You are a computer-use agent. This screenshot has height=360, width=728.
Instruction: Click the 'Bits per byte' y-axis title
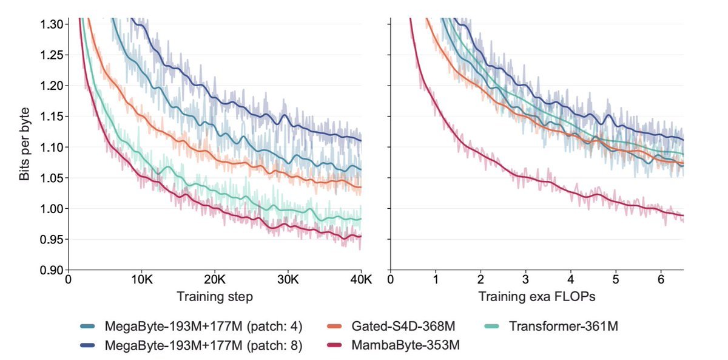[x=24, y=144]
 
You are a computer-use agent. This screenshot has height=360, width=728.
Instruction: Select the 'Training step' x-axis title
[x=215, y=297]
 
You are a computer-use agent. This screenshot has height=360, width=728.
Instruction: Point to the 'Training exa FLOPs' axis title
[x=537, y=297]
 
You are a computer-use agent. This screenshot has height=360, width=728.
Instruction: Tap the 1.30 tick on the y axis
[x=53, y=24]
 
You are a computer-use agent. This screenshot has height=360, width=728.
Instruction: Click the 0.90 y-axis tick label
[x=53, y=270]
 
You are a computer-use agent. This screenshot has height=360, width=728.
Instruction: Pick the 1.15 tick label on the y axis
[x=53, y=116]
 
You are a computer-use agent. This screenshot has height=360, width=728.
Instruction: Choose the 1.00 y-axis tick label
[x=53, y=208]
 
